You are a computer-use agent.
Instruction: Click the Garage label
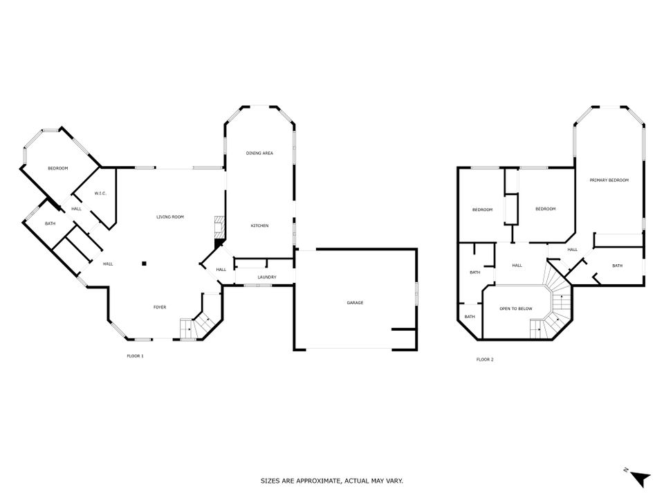coord(355,303)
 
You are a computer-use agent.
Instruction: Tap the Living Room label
coord(170,216)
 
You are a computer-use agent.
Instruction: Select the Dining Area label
coord(259,153)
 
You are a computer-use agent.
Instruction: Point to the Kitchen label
coord(259,225)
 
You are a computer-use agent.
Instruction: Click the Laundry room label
coord(267,277)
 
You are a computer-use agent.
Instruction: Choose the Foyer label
coord(160,307)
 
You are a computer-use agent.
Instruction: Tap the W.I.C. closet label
coord(100,194)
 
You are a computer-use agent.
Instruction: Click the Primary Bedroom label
coord(609,180)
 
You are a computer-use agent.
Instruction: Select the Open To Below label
coord(516,308)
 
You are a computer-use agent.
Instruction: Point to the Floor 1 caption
coord(135,356)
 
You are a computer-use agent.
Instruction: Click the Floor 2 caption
coord(485,360)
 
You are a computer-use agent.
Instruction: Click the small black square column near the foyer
coord(144,264)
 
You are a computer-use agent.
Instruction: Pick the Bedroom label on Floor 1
coord(57,169)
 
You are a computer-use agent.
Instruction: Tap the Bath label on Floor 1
coord(50,223)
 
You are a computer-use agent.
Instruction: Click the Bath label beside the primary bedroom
coord(618,266)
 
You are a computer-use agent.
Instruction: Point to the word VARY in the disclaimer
coord(394,481)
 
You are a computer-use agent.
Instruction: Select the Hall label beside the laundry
coord(221,269)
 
